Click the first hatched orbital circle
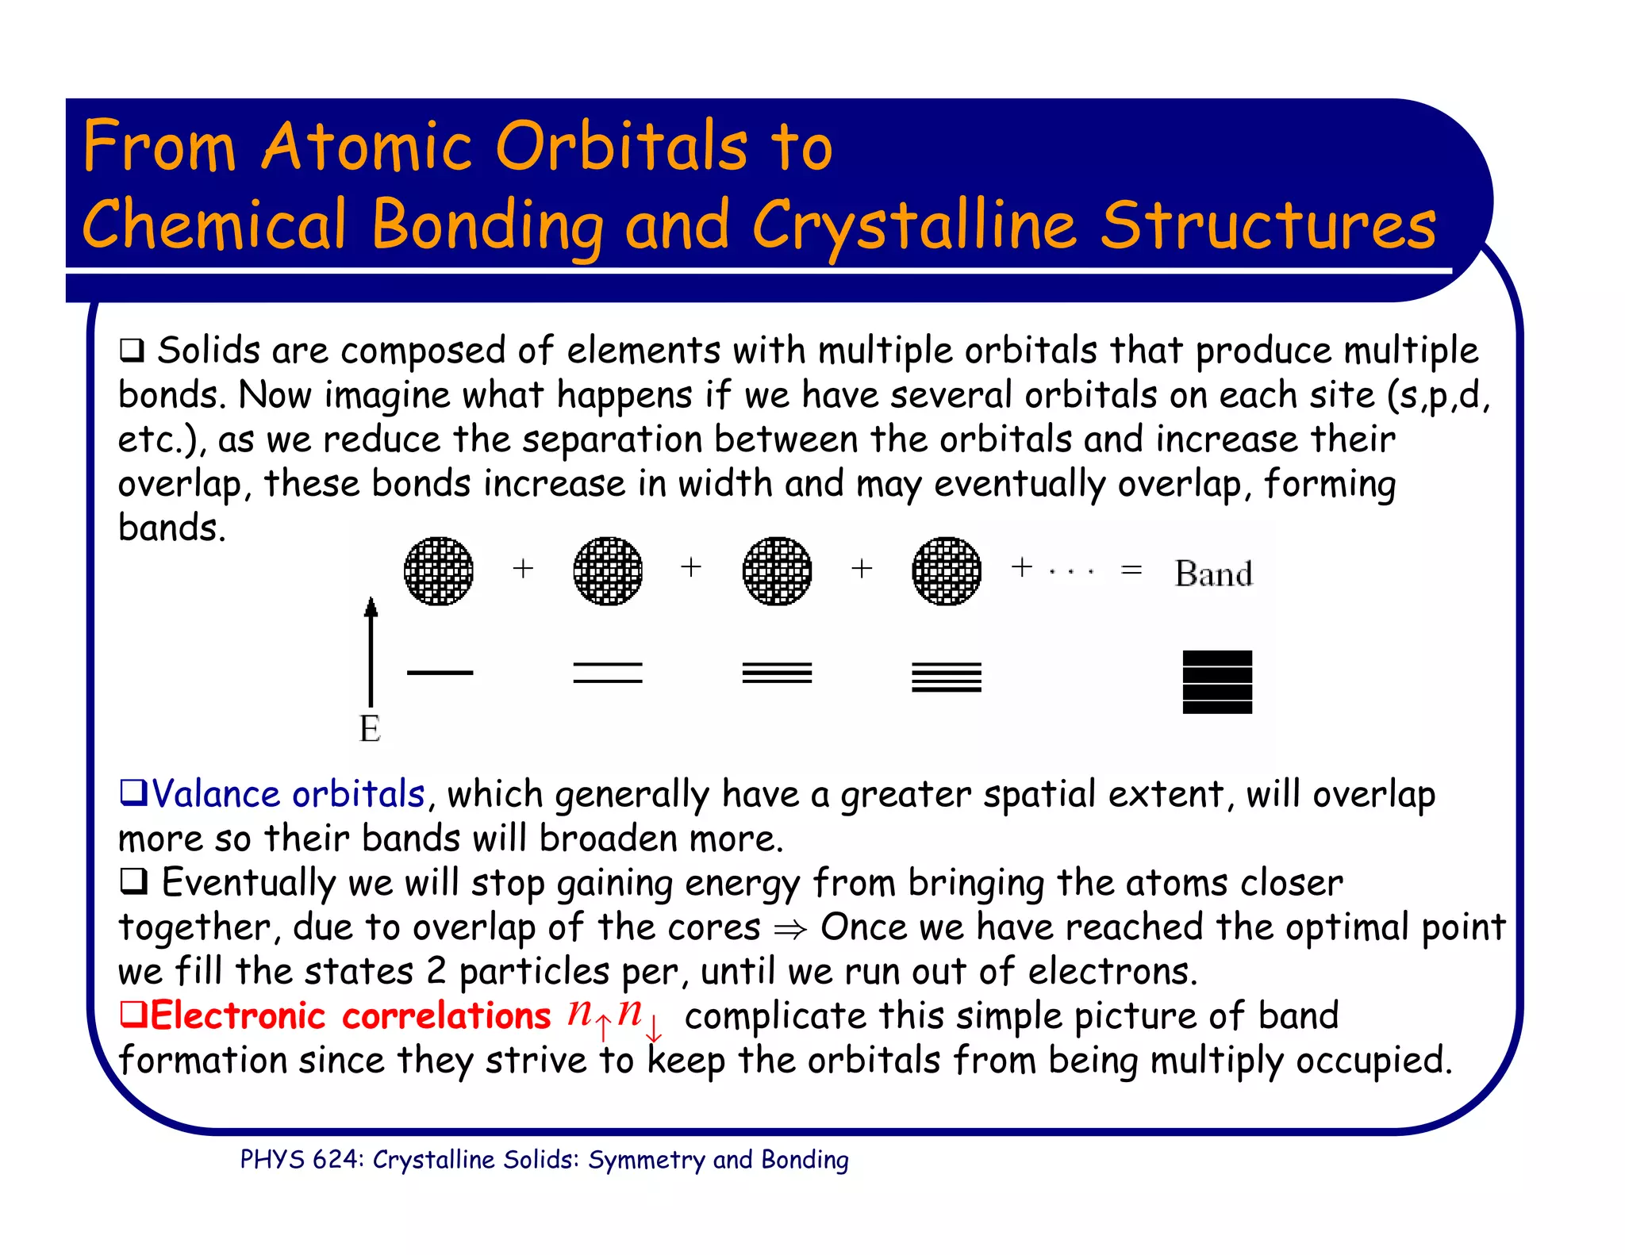coord(439,571)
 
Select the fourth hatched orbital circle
coord(947,571)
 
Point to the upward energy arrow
coord(371,651)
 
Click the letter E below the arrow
coord(370,728)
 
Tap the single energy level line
coord(440,673)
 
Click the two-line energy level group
coord(608,673)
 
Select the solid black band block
coord(1217,682)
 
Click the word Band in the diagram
coord(1214,574)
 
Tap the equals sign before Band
coord(1131,570)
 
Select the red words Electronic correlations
coord(349,1016)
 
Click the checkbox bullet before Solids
coord(132,350)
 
